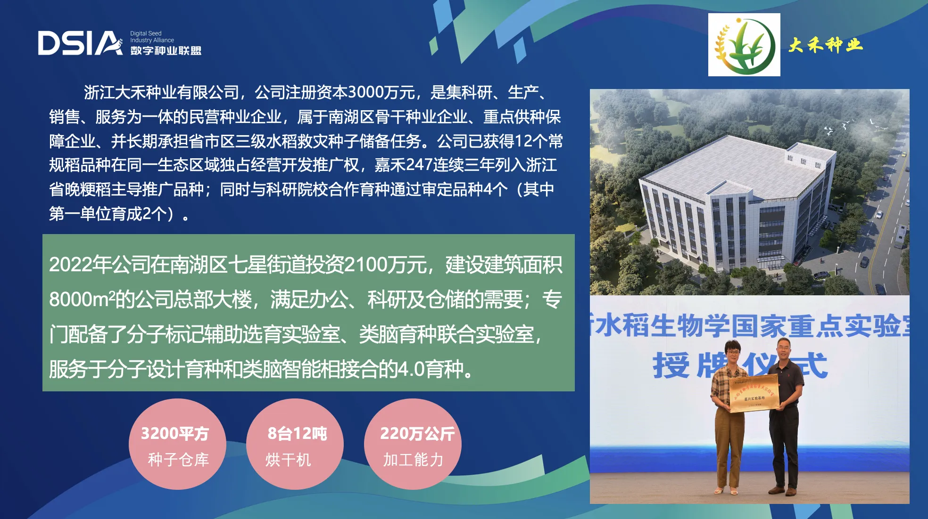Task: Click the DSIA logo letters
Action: tap(80, 43)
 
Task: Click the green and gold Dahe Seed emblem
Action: tap(744, 45)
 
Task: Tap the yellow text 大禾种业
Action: tap(825, 45)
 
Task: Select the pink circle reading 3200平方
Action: tap(177, 444)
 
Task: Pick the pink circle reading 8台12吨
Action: tap(295, 444)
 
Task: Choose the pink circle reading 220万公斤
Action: tap(413, 444)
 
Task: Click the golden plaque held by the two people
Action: tap(753, 393)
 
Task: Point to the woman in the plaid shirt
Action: tap(729, 417)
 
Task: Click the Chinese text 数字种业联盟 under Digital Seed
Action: tap(166, 50)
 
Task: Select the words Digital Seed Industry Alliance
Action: tap(152, 37)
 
